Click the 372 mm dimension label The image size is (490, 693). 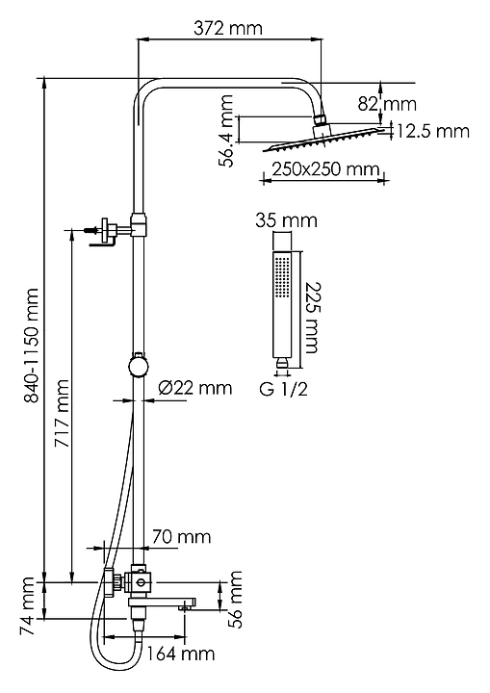[228, 28]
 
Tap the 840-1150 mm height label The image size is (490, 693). [32, 346]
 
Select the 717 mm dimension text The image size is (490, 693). [62, 413]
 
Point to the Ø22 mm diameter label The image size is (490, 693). [195, 388]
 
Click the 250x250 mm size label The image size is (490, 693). [325, 169]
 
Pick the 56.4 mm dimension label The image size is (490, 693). [227, 131]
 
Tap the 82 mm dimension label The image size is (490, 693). [387, 104]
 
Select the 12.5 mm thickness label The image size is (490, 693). [432, 131]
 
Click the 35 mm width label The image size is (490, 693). [286, 220]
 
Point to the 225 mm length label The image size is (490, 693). [312, 318]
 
